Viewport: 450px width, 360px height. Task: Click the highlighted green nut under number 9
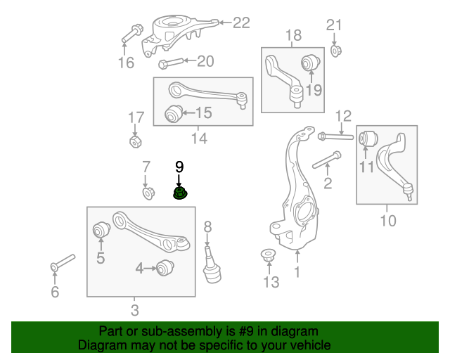click(x=181, y=193)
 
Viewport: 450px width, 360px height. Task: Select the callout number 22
click(x=241, y=23)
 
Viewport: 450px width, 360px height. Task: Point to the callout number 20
click(x=205, y=61)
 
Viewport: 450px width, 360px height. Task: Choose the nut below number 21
click(x=335, y=50)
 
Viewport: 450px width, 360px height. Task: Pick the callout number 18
click(x=293, y=34)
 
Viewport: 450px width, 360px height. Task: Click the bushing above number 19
click(x=310, y=63)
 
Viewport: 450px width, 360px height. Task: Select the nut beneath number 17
click(x=136, y=141)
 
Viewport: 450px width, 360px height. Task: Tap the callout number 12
click(x=342, y=115)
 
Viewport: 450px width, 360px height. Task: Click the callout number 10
click(x=387, y=221)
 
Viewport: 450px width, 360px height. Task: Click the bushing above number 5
click(x=101, y=229)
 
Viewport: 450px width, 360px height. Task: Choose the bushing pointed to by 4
click(x=165, y=268)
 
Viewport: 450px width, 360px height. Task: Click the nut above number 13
click(x=268, y=255)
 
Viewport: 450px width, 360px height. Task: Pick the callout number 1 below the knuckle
click(x=297, y=271)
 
